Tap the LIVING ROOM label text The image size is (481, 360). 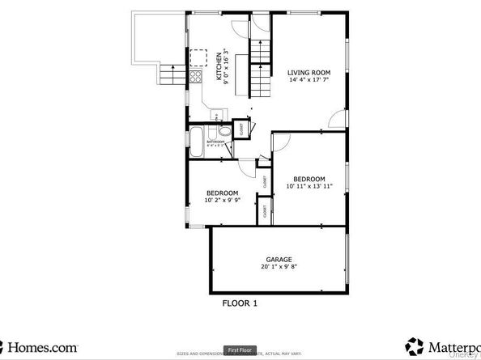(x=309, y=71)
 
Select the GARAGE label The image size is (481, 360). (x=279, y=260)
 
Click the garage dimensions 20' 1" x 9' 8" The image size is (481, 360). (x=279, y=267)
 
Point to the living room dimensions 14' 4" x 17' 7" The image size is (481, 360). (x=309, y=79)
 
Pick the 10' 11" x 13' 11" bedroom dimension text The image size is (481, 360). (x=309, y=186)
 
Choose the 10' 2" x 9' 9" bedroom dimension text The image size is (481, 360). (x=223, y=200)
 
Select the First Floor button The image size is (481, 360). (x=240, y=350)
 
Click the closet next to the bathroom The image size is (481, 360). (x=240, y=129)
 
